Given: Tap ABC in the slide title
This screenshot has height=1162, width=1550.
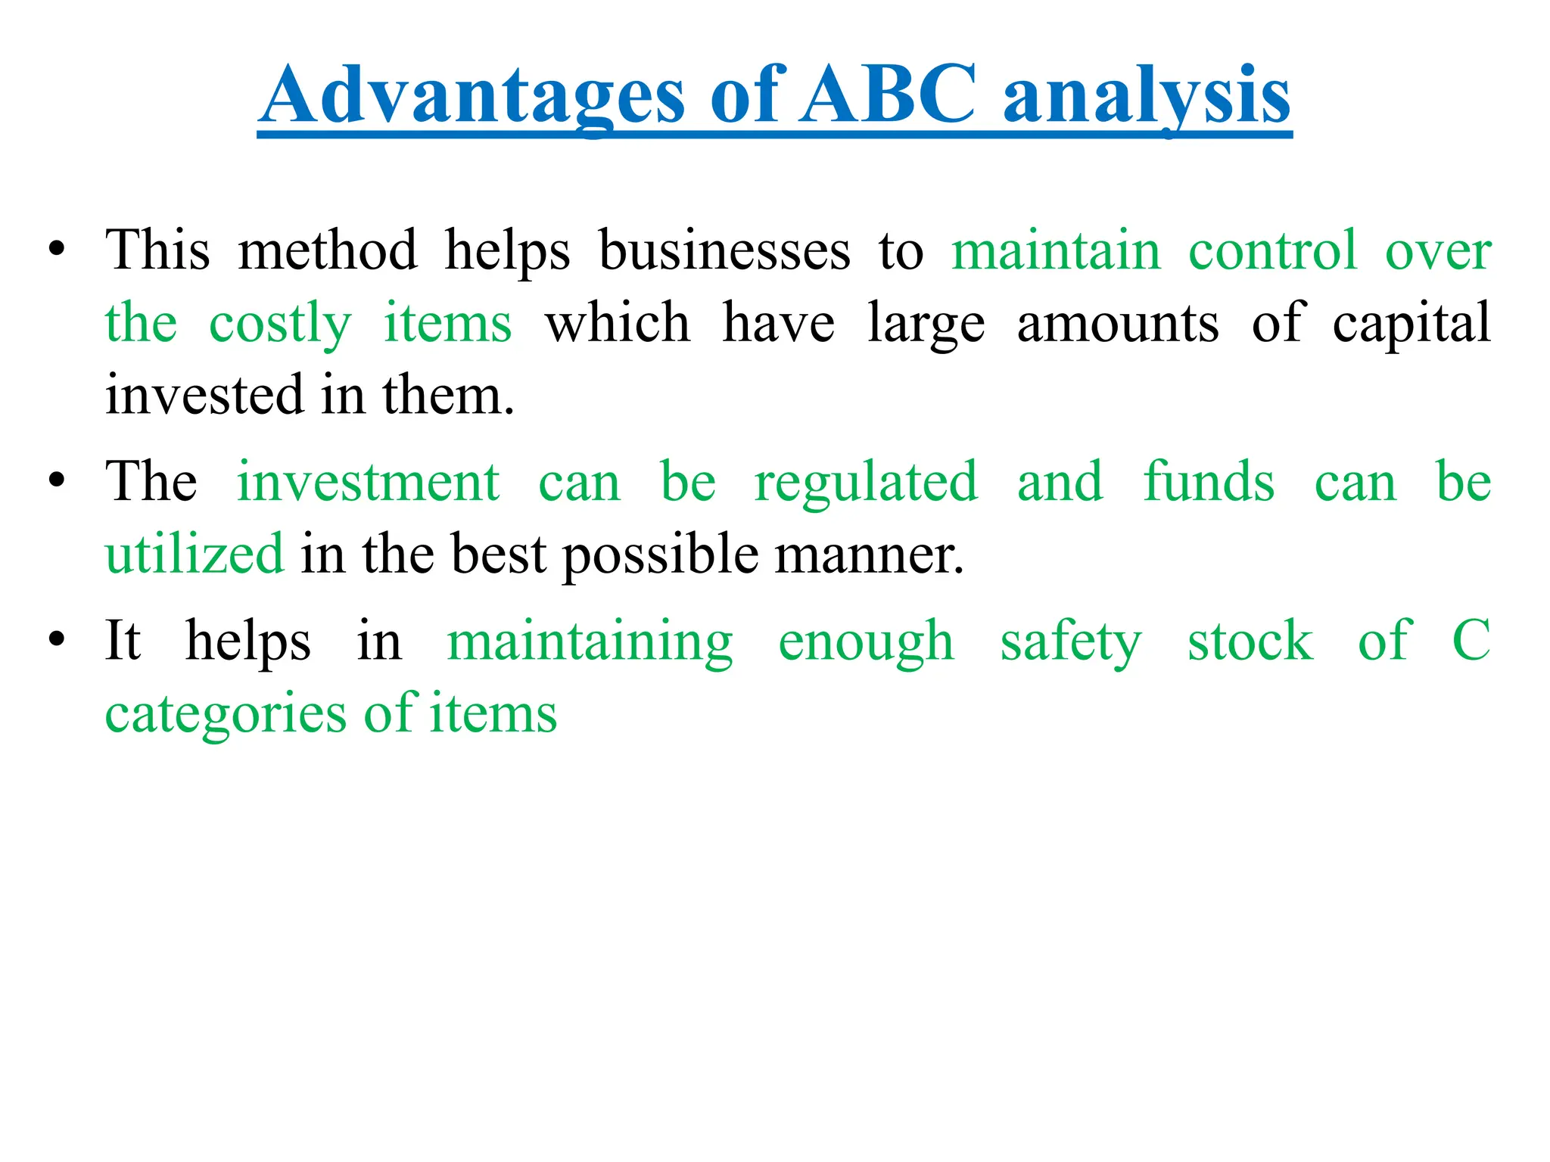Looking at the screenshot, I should click(x=889, y=95).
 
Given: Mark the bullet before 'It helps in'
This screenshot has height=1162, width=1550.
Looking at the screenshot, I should click(x=56, y=641).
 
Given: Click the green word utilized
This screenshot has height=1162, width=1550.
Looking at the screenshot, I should click(x=195, y=554).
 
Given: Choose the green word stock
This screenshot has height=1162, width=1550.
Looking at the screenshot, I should click(x=1250, y=641).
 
